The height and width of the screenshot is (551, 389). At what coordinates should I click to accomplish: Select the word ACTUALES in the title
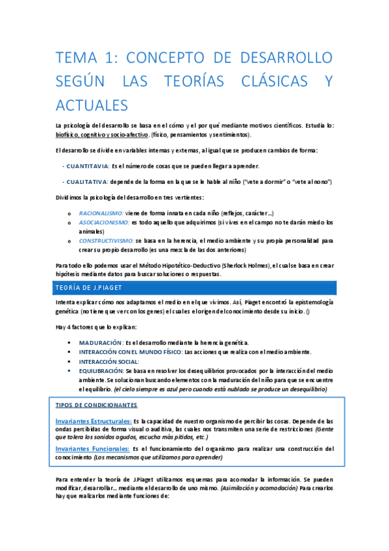coord(92,105)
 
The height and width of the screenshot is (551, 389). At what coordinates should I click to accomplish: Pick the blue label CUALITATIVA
coord(86,181)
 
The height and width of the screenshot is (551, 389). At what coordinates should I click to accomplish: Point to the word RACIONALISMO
coord(101,212)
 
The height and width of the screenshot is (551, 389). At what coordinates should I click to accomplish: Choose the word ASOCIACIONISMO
coord(103,222)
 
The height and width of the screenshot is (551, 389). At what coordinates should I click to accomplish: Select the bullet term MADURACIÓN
coord(101,342)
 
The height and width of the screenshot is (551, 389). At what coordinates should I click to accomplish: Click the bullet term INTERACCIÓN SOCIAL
coord(109,361)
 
